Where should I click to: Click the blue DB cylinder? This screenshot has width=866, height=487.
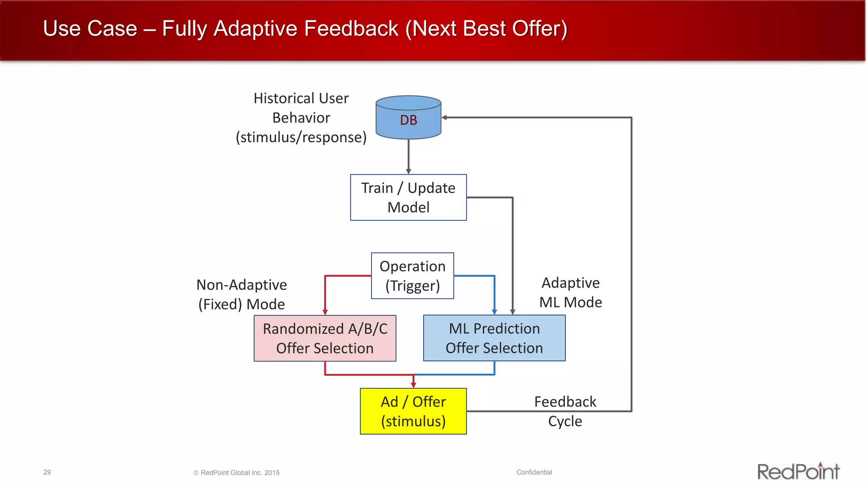tap(408, 118)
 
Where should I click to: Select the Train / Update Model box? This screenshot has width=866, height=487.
tap(408, 197)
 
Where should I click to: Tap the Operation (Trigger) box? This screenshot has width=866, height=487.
tap(412, 276)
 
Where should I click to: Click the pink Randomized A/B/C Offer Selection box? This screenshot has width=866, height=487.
tap(325, 338)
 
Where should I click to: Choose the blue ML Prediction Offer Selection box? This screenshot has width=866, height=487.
tap(494, 338)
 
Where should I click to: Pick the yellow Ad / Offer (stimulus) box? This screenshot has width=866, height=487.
tap(413, 411)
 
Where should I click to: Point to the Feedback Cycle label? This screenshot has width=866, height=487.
tap(565, 411)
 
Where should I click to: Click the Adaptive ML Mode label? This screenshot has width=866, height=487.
tap(570, 292)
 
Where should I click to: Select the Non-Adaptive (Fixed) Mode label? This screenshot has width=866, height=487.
tap(241, 294)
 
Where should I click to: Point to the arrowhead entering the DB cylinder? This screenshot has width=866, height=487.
tap(444, 118)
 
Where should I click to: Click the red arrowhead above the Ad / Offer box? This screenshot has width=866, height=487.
tap(414, 384)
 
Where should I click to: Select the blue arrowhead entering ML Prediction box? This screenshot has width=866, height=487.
tap(494, 312)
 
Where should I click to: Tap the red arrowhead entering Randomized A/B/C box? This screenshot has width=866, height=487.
tap(325, 312)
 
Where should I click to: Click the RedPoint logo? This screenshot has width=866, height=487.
tap(798, 471)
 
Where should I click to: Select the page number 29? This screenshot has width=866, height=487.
tap(47, 472)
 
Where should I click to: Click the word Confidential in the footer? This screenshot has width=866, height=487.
tap(534, 472)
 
